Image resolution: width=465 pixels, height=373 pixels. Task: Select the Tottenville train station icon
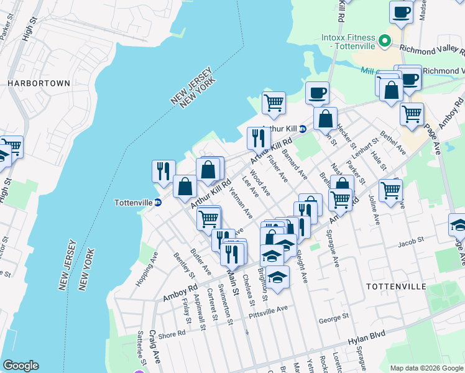click(158, 203)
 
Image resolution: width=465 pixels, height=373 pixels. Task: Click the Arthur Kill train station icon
click(303, 129)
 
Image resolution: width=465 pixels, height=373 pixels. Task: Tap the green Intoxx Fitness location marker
click(385, 42)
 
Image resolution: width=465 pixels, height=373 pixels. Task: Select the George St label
click(331, 320)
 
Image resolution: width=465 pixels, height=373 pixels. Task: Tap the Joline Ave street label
click(377, 211)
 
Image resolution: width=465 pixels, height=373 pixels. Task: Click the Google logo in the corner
click(21, 366)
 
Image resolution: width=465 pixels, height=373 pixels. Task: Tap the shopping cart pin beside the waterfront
click(274, 102)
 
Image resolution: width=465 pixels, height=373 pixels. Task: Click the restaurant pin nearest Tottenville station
click(163, 171)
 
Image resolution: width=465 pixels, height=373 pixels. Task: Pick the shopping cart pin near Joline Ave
click(390, 190)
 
